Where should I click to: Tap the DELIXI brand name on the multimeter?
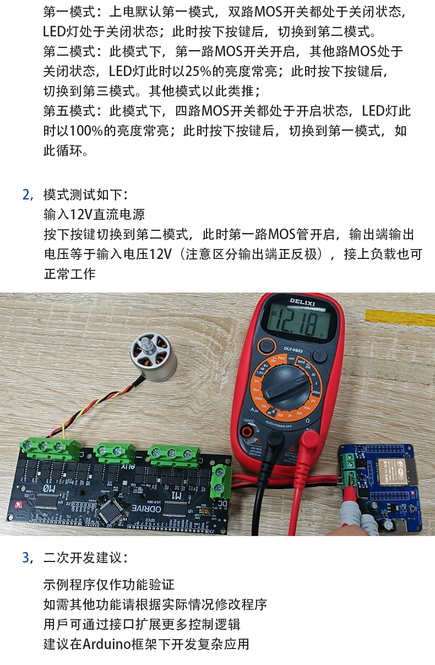pyautogui.click(x=302, y=301)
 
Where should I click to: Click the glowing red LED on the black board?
pyautogui.click(x=18, y=504)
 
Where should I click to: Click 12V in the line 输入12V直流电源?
pyautogui.click(x=81, y=214)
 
